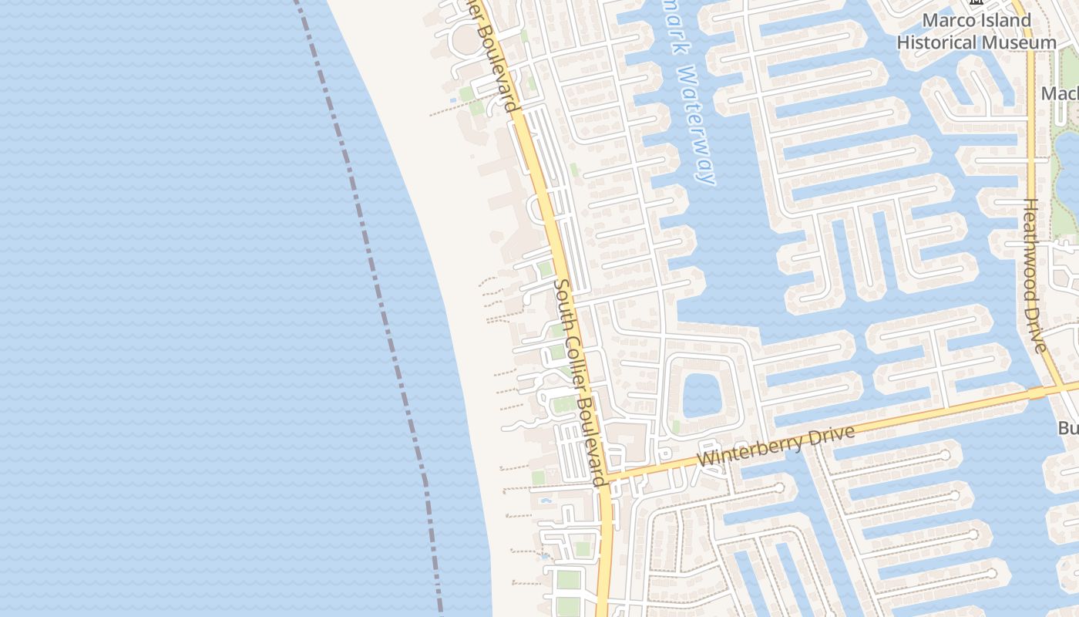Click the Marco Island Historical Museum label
tap(976, 32)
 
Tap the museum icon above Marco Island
tap(976, 2)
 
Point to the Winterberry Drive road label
tap(776, 446)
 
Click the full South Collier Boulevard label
tap(580, 382)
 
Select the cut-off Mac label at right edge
tap(1059, 93)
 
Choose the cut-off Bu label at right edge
tap(1067, 428)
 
